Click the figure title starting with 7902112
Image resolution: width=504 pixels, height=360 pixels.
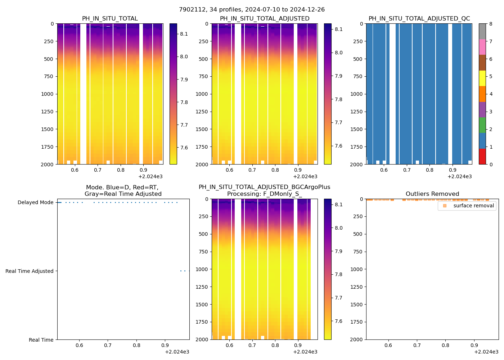pyautogui.click(x=252, y=10)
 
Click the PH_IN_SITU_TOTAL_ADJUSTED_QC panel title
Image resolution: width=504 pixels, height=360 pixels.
pyautogui.click(x=419, y=19)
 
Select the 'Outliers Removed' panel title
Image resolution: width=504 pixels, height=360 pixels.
pyautogui.click(x=432, y=194)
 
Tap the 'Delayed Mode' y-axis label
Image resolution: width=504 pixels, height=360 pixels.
pyautogui.click(x=35, y=203)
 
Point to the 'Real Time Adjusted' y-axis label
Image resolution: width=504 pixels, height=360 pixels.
pyautogui.click(x=29, y=271)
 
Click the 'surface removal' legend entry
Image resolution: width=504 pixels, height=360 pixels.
pyautogui.click(x=473, y=206)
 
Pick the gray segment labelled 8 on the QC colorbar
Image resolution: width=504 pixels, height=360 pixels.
pyautogui.click(x=482, y=31)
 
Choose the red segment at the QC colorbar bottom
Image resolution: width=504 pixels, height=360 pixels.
pyautogui.click(x=482, y=157)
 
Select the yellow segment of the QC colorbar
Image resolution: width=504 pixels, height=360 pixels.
pyautogui.click(x=482, y=78)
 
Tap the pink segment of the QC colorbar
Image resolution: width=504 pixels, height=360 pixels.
pyautogui.click(x=482, y=47)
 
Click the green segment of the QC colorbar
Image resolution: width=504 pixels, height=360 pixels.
pyautogui.click(x=482, y=125)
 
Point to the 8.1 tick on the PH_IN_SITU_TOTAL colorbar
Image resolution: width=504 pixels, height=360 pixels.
pyautogui.click(x=184, y=34)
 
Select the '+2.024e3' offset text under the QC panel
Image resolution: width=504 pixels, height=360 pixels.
pyautogui.click(x=459, y=177)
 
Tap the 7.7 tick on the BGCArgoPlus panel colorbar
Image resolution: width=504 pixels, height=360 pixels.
pyautogui.click(x=338, y=298)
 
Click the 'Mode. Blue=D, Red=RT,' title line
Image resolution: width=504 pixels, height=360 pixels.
pyautogui.click(x=122, y=188)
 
